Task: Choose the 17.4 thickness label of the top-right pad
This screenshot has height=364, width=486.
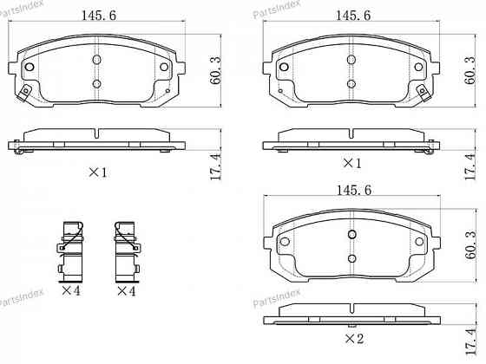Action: click(471, 164)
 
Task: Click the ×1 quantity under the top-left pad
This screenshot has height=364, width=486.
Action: click(97, 172)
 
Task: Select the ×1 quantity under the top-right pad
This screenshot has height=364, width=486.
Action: click(351, 163)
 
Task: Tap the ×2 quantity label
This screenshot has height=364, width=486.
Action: click(353, 337)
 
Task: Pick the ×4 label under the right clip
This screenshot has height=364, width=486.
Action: click(128, 291)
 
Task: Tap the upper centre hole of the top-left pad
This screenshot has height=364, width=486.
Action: click(96, 59)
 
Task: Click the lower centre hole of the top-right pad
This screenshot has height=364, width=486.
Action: click(351, 83)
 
